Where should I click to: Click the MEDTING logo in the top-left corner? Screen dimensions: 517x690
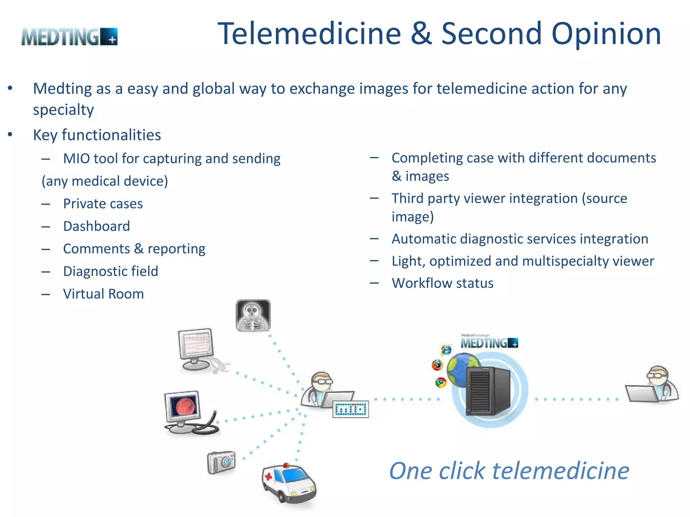point(69,37)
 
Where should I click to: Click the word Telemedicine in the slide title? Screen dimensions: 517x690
point(309,34)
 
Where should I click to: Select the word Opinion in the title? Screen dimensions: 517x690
point(606,34)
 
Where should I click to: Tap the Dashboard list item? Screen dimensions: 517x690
point(96,226)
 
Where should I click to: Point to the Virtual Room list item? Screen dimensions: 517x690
point(103,294)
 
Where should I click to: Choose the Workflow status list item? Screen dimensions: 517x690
point(442,283)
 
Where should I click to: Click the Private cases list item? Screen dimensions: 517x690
point(103,204)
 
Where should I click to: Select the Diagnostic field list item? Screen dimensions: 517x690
point(111,271)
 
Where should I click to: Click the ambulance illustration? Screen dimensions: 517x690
point(289,483)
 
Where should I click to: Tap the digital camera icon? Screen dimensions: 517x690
point(221,462)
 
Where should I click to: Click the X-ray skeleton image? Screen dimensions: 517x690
point(253,315)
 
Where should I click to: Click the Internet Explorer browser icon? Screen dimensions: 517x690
point(446,350)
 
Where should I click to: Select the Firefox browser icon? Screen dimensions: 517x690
point(437,365)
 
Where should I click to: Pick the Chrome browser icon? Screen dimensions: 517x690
point(441,382)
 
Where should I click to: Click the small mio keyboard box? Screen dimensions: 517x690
point(350,409)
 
